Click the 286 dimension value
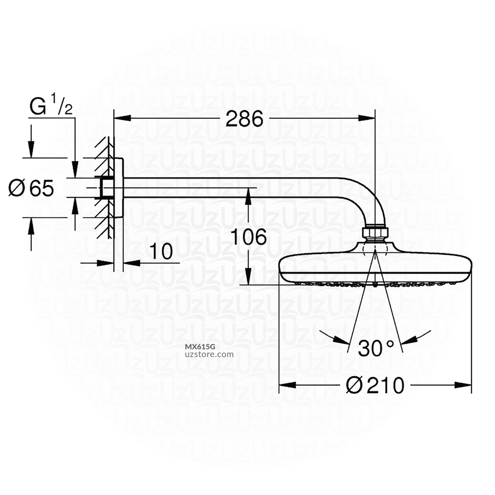coord(244,118)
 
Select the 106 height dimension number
coord(247,237)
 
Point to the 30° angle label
coord(376,348)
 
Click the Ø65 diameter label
coord(31,188)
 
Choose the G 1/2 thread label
coord(51,106)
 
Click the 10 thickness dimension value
coord(160,252)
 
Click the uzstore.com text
coord(209,354)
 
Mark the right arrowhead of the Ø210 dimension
coord(465,385)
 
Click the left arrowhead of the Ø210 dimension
coord(286,385)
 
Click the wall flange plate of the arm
coord(119,188)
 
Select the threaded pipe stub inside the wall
coord(105,188)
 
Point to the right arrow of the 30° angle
coord(408,341)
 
